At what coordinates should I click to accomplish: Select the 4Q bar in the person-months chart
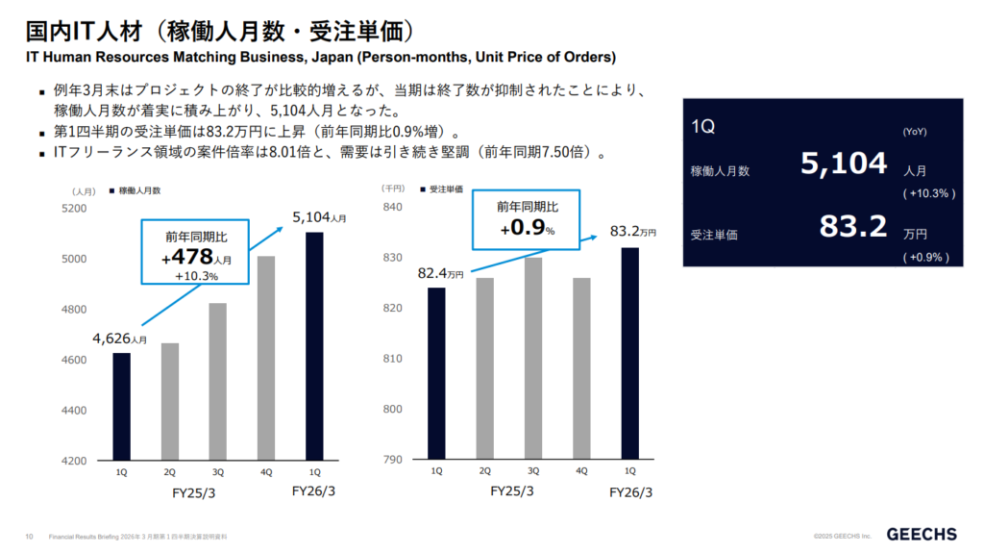click(265, 358)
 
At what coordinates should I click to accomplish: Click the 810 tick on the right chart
click(392, 359)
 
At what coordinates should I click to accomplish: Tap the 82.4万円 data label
click(440, 274)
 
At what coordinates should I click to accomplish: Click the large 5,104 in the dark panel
click(844, 163)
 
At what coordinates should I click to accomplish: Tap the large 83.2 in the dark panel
click(853, 227)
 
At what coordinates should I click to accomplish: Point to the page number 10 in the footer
click(29, 536)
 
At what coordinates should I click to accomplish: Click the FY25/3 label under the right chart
click(510, 491)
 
